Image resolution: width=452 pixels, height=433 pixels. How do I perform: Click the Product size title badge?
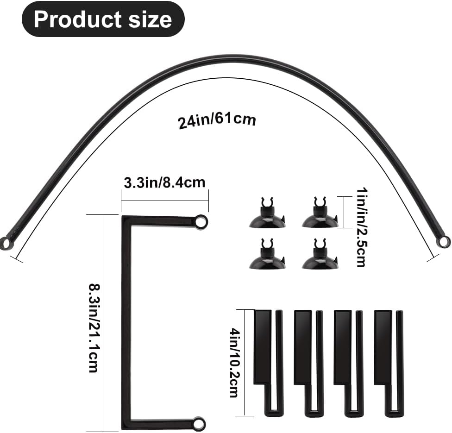point(103,19)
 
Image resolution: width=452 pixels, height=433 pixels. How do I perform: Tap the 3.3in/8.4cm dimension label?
point(164,182)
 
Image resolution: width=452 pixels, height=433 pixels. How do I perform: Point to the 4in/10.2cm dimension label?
point(234,363)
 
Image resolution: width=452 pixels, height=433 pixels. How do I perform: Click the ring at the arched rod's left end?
point(6,242)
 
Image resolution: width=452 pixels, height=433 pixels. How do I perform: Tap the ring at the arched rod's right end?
point(444,241)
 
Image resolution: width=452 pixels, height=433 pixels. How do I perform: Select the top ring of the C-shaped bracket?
point(201,222)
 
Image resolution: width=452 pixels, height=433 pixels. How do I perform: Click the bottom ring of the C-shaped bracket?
point(200,423)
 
